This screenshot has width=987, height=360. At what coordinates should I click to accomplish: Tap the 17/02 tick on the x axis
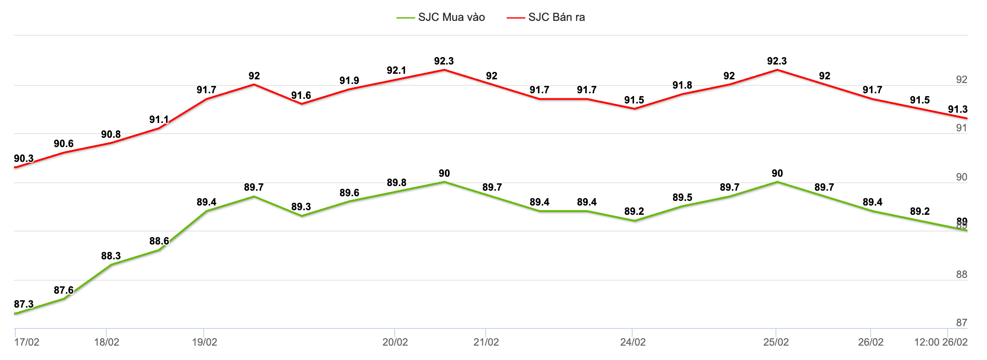click(x=26, y=342)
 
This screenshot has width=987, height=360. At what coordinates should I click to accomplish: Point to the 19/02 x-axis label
click(x=205, y=342)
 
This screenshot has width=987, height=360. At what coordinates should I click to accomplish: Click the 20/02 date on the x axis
click(x=395, y=342)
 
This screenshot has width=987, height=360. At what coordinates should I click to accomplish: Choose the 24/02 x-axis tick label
click(x=633, y=342)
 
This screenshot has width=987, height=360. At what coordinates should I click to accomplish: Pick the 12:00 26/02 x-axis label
click(x=941, y=342)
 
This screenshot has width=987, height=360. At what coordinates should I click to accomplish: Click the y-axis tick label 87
click(x=961, y=322)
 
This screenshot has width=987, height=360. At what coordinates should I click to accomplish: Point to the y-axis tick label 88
click(x=961, y=275)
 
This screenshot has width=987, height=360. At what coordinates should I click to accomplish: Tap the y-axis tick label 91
click(x=961, y=128)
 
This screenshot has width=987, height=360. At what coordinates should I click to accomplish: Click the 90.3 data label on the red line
click(x=24, y=159)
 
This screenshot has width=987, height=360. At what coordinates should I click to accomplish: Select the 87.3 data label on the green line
click(x=24, y=304)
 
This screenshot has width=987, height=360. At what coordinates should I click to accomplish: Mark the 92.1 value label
click(x=396, y=71)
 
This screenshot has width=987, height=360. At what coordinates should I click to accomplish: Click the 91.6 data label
click(x=301, y=96)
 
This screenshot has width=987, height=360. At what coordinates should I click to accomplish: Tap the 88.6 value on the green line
click(x=159, y=241)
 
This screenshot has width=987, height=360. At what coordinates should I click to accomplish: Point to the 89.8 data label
click(x=397, y=183)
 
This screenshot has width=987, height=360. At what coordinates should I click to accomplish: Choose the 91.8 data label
click(x=682, y=85)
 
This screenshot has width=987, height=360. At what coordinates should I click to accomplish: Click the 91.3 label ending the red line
click(x=957, y=109)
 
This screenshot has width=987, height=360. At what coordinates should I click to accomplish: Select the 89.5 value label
click(x=682, y=198)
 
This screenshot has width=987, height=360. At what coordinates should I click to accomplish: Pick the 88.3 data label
click(x=111, y=256)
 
